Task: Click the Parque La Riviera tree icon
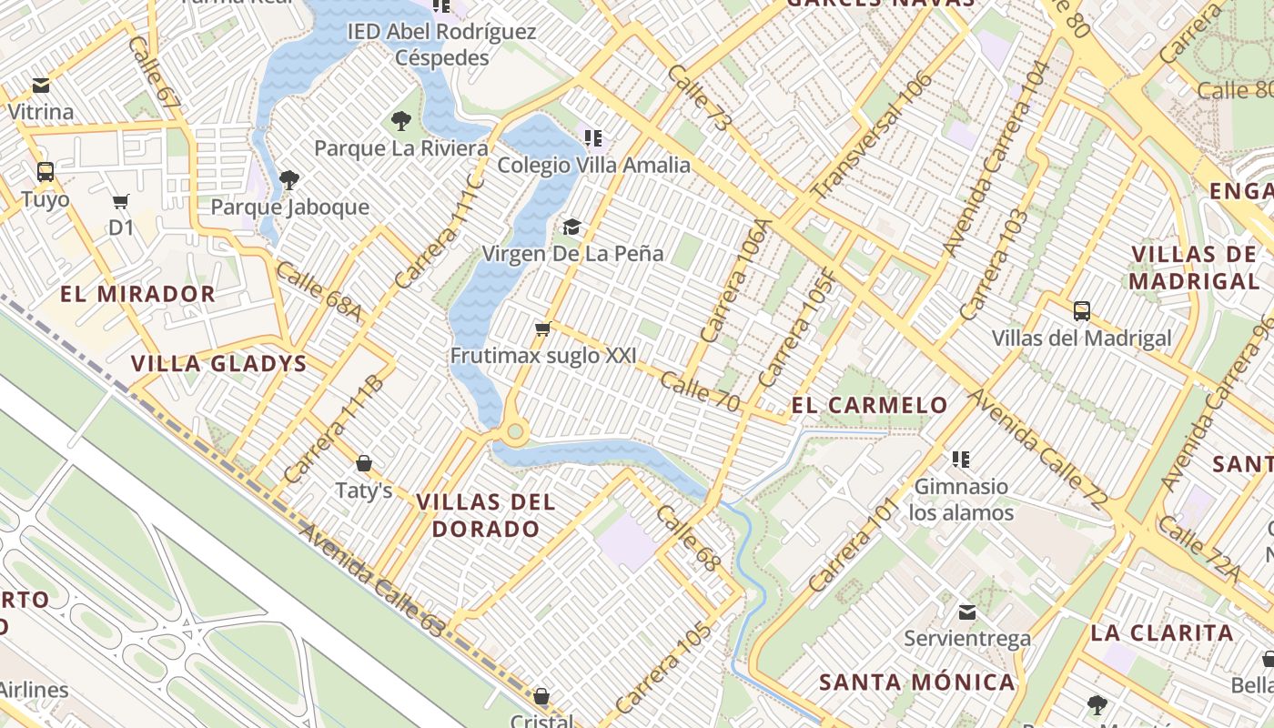click(400, 120)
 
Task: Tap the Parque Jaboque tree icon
click(289, 179)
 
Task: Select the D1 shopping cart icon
click(121, 201)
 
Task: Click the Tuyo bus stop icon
click(45, 171)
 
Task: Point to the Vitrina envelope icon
click(41, 86)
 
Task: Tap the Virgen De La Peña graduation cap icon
click(571, 226)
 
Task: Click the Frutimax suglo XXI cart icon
click(543, 329)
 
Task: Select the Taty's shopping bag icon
click(363, 464)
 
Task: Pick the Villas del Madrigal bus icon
click(1081, 311)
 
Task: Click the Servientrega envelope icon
click(967, 612)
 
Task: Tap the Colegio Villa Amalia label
click(593, 166)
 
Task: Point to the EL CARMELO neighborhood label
click(870, 405)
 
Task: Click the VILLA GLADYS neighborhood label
click(218, 364)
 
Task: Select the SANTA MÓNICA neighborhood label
click(917, 682)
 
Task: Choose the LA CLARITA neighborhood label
click(1162, 632)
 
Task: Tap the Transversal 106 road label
click(872, 136)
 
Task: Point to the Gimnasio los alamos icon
click(961, 459)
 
